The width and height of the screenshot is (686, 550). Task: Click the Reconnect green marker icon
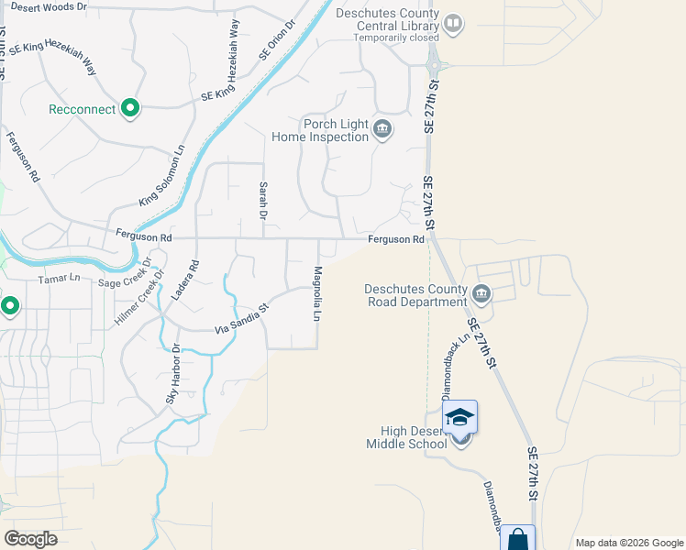[x=130, y=109]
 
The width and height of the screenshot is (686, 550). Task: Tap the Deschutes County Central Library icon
[x=452, y=23]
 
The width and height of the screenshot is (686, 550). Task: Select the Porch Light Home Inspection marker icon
[x=382, y=130]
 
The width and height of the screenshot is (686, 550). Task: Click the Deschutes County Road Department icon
[x=481, y=293]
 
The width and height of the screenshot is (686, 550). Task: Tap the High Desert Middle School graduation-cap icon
[x=459, y=417]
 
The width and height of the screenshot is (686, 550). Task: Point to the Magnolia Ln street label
[x=317, y=293]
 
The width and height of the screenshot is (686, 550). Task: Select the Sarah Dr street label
[x=262, y=201]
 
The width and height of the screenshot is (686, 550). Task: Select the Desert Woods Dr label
[x=49, y=6]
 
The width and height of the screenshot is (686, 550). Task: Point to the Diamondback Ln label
[x=456, y=366]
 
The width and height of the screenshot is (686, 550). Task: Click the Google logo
[x=31, y=538]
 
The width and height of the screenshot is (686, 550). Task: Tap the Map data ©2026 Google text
[x=628, y=543]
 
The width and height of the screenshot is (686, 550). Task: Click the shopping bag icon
[x=517, y=538]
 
